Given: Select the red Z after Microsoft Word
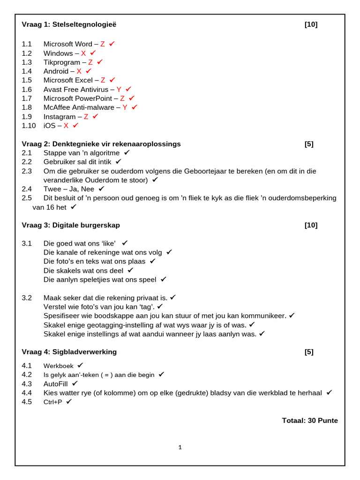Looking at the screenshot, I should pos(103,44).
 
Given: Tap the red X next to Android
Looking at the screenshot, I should pos(79,71).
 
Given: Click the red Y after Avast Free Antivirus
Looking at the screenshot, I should pos(119,89).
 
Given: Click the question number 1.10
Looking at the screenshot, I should pos(29,126).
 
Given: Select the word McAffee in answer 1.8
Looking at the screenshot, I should pos(59,107).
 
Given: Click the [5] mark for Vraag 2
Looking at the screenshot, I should pos(309,144).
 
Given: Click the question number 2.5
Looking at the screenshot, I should pos(27,198).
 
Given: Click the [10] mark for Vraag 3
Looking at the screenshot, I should pos(311,225).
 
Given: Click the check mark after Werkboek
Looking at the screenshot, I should pos(81,365).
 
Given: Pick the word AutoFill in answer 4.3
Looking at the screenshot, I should pos(56,384).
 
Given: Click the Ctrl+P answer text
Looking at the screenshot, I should pos(53,402).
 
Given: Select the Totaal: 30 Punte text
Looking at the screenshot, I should pos(309,420).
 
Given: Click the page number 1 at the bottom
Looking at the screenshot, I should pos(180,448).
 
